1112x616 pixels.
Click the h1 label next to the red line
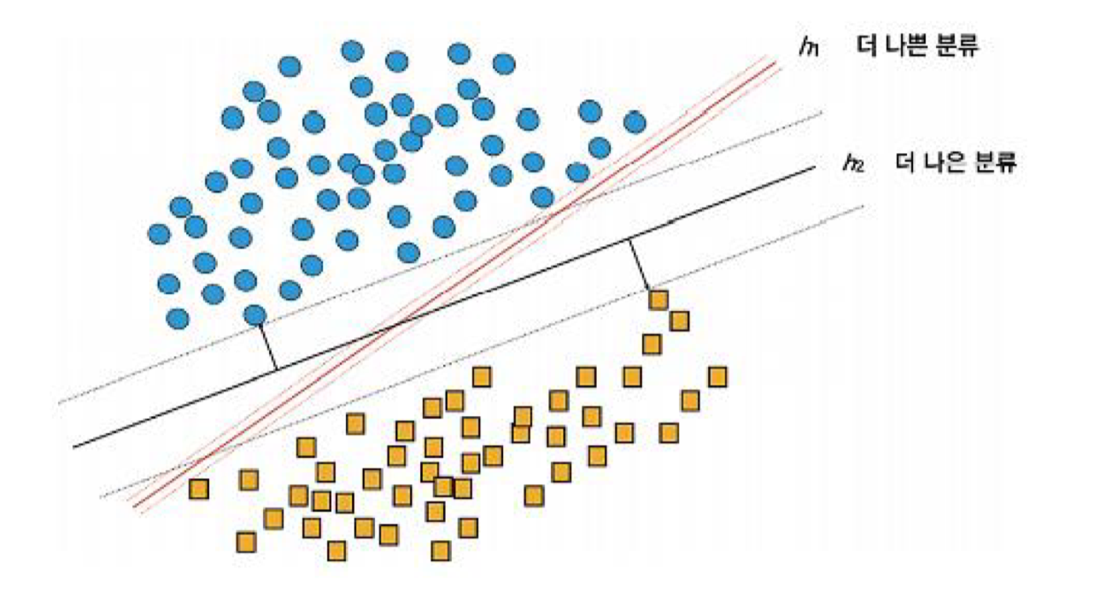pyautogui.click(x=808, y=47)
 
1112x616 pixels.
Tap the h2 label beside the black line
pyautogui.click(x=852, y=163)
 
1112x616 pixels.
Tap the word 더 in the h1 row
pyautogui.click(x=868, y=45)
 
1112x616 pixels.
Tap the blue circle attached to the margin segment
pyautogui.click(x=255, y=315)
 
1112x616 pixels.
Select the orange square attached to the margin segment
pyautogui.click(x=658, y=300)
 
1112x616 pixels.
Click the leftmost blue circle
pyautogui.click(x=159, y=233)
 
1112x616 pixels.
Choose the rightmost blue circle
pyautogui.click(x=634, y=122)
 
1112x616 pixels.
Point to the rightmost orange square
pyautogui.click(x=717, y=377)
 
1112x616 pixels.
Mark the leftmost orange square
pyautogui.click(x=199, y=489)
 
